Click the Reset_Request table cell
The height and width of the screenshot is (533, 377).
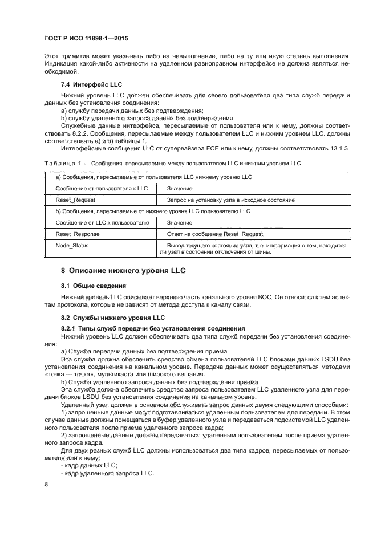click(75, 200)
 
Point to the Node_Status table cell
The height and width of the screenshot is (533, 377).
click(72, 245)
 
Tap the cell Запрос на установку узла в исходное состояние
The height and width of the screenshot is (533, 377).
click(230, 200)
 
